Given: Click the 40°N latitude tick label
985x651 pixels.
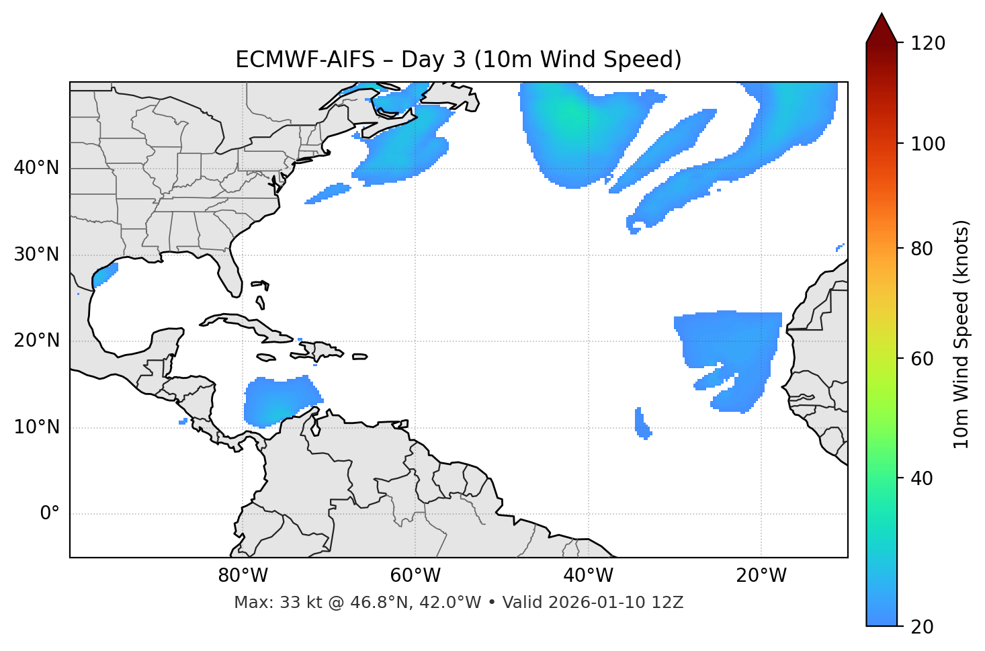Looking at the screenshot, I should pos(36,168).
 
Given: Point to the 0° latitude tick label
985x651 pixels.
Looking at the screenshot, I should pos(49,514).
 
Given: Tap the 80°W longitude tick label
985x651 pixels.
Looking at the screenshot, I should pos(243,576).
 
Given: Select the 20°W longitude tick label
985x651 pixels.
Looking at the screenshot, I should pos(761,576).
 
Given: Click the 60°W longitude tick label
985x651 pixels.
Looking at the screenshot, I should pos(415,576).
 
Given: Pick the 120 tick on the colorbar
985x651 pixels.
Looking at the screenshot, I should pos(928,44).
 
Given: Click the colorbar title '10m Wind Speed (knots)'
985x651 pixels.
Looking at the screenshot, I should pos(961,334).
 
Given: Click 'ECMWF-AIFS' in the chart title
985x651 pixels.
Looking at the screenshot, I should pos(305,60).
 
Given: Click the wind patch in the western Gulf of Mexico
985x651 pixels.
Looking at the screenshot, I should pos(104,274).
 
